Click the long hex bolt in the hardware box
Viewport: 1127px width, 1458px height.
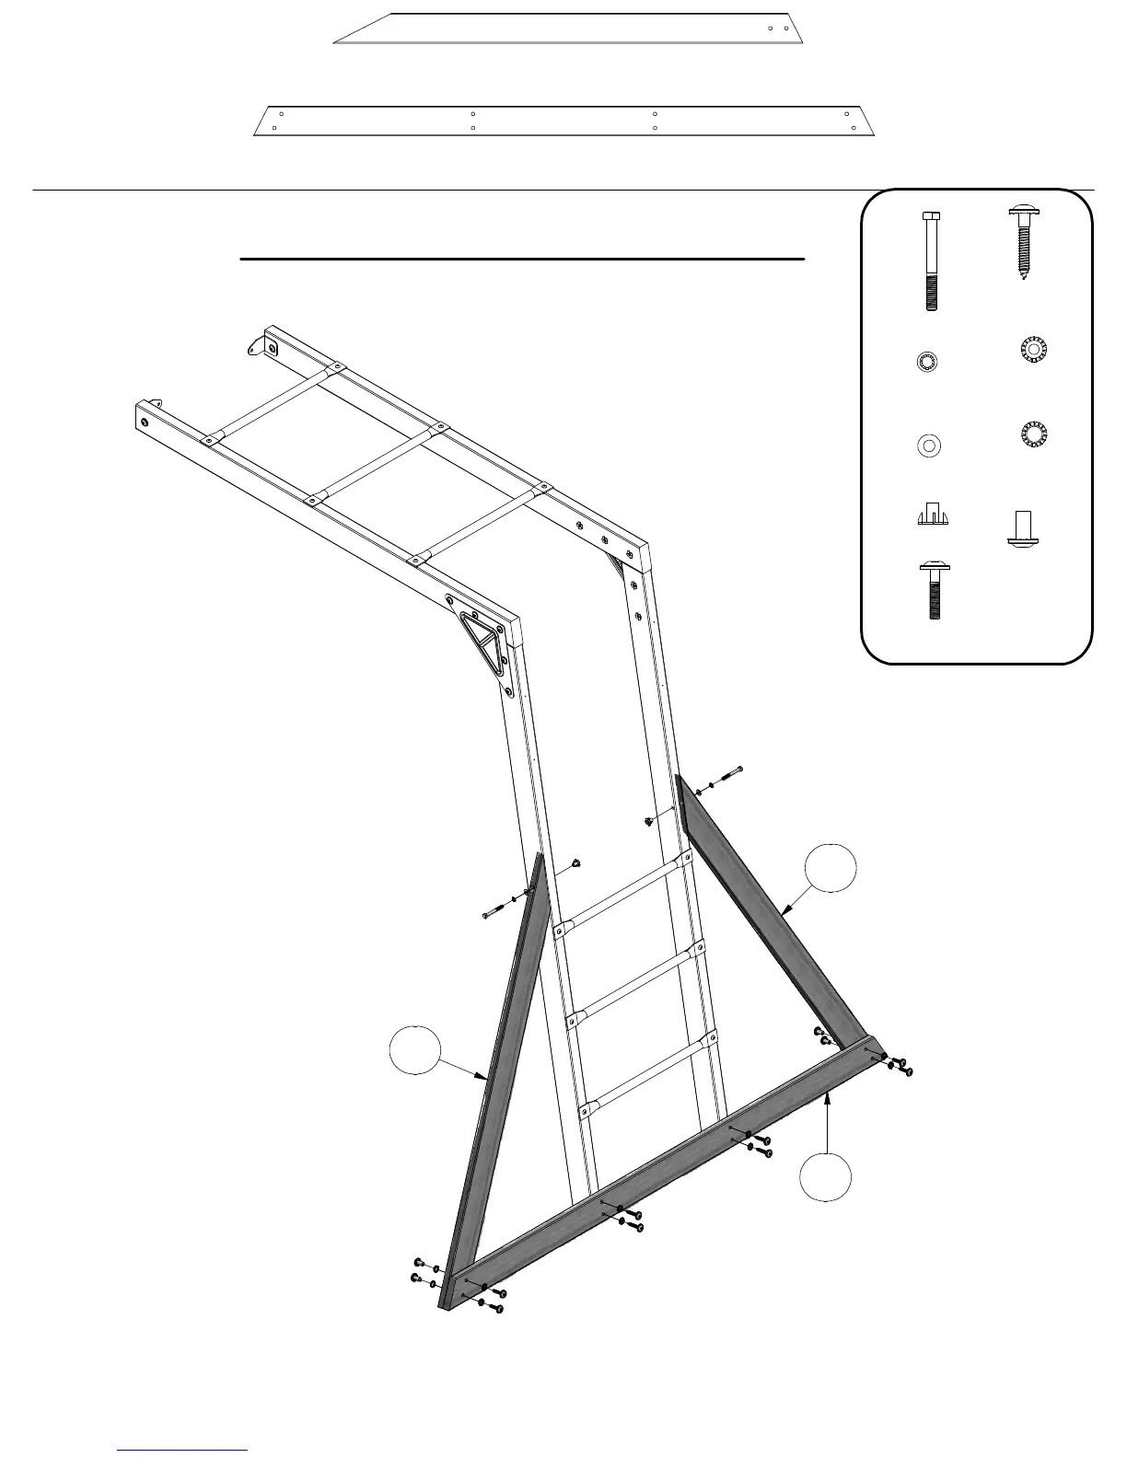(x=929, y=261)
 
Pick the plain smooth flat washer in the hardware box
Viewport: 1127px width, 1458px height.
(x=929, y=446)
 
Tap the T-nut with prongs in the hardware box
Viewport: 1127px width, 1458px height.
(x=929, y=514)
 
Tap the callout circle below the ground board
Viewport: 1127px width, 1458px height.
(x=826, y=1177)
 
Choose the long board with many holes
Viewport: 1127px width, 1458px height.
(x=563, y=121)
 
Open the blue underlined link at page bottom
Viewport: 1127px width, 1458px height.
(x=183, y=1450)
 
